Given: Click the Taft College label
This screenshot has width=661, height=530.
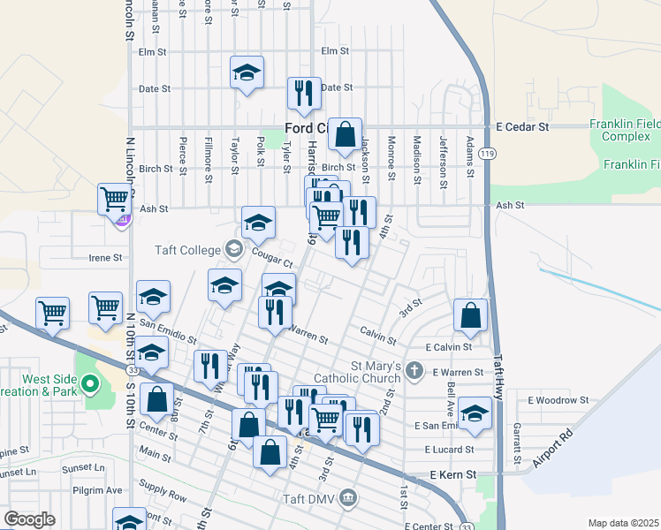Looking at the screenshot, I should (187, 249).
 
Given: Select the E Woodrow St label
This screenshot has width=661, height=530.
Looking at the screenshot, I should (558, 400).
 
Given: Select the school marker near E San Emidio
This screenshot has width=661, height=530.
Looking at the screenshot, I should (475, 413).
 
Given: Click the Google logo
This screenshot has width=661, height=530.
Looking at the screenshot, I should (29, 519).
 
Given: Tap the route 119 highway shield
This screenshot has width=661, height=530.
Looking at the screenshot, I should (487, 154).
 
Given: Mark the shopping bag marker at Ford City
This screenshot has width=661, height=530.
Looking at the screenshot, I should (345, 134).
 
